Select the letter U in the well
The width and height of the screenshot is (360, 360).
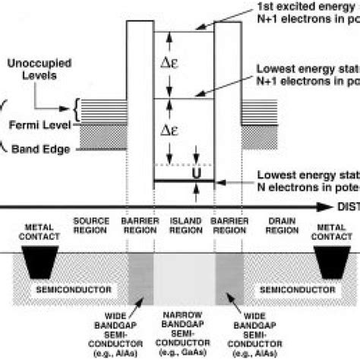197,173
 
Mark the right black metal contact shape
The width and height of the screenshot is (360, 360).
332,262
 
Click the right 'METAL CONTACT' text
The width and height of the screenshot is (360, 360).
332,230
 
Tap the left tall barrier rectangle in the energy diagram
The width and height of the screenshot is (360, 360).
141,99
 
